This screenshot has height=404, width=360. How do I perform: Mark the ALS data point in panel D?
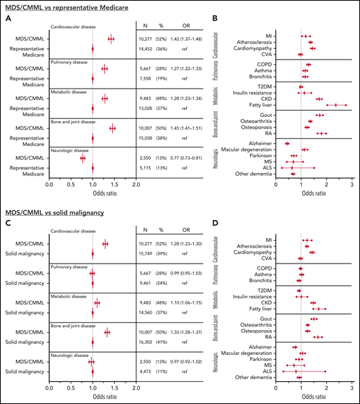point(297,371)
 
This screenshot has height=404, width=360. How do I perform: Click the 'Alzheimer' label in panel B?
point(258,143)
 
